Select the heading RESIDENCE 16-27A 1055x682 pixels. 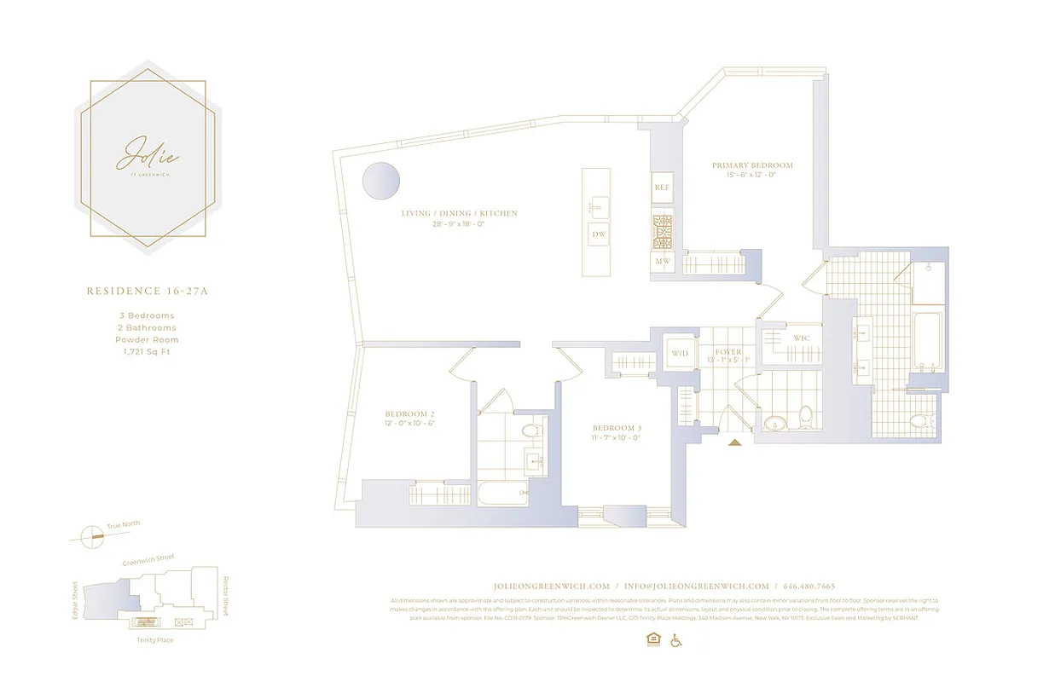[x=147, y=291]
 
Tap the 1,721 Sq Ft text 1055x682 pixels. [x=147, y=351]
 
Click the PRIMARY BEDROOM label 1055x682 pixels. [x=752, y=165]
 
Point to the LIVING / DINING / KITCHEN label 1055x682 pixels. [x=460, y=213]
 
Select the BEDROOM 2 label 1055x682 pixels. [x=410, y=413]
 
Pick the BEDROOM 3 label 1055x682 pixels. [x=617, y=427]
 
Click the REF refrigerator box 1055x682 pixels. [x=662, y=187]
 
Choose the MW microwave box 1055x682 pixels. [x=662, y=261]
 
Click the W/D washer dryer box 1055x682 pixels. [x=680, y=352]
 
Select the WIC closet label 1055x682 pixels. [x=801, y=338]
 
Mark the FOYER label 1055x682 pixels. [x=727, y=352]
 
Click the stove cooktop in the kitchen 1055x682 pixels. [x=663, y=231]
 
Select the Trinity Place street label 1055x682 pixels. [x=154, y=639]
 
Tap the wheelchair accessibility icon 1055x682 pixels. [x=677, y=640]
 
